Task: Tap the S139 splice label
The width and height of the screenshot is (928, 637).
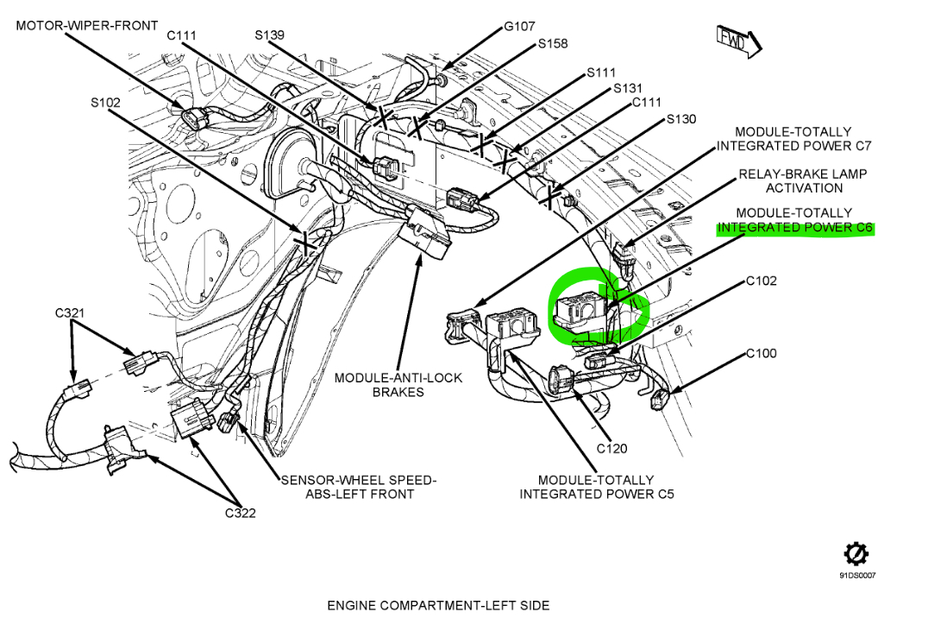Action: point(270,35)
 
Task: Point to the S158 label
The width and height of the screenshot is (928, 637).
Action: point(553,43)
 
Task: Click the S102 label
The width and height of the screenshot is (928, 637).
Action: point(106,102)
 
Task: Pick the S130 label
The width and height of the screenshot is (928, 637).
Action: point(680,119)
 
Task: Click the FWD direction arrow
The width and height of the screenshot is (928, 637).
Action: point(737,41)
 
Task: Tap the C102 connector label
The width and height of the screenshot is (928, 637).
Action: point(762,281)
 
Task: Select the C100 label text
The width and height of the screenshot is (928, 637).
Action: point(762,353)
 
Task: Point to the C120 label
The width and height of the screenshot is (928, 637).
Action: point(611,448)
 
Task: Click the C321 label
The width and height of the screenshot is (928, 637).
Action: point(71,312)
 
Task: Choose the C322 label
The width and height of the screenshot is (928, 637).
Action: point(241,513)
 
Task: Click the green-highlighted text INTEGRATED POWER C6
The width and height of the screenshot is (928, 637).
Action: point(795,228)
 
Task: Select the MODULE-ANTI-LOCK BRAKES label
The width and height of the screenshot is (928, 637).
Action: point(398,385)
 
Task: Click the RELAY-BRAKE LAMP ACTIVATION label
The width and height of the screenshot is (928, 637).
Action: point(803,180)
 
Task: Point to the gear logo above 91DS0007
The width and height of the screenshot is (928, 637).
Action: point(856,553)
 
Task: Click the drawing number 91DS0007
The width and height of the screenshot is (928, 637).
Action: point(856,575)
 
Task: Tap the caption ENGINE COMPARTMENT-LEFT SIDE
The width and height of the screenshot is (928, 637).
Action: point(438,605)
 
